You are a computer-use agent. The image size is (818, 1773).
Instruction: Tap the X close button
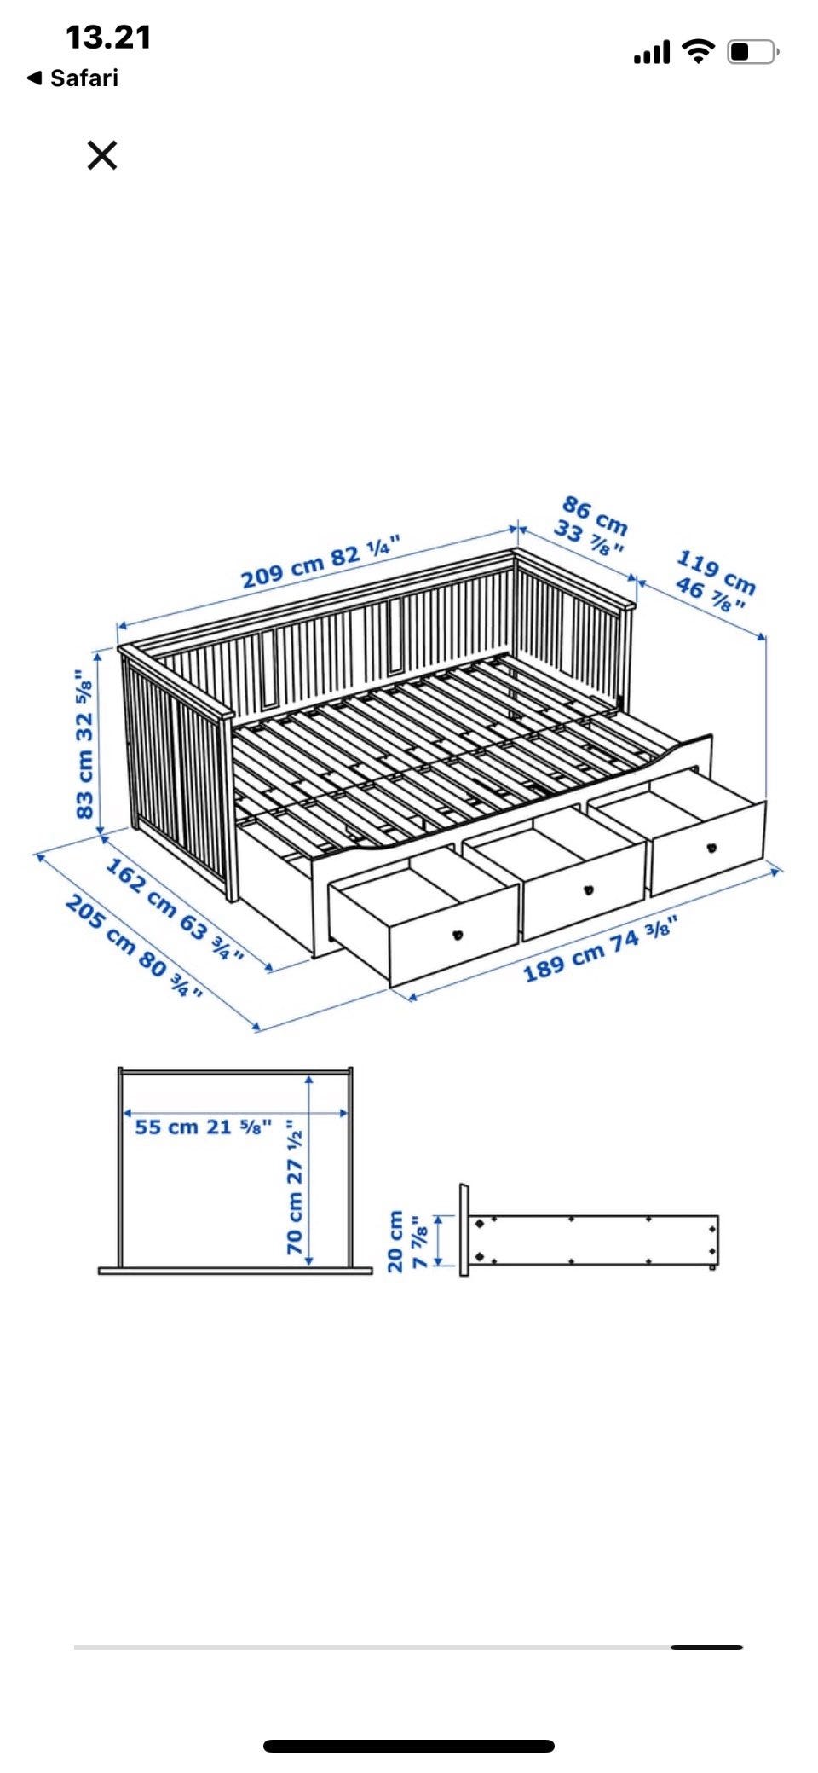[102, 155]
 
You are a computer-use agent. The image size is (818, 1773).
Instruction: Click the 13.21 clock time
[108, 38]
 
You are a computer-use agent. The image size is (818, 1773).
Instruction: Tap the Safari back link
[73, 78]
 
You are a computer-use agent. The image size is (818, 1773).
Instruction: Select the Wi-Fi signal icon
[700, 51]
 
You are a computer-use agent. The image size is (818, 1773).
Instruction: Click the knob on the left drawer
[458, 935]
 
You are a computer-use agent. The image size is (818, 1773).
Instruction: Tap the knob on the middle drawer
[588, 891]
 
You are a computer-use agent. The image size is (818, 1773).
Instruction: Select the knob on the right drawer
[711, 848]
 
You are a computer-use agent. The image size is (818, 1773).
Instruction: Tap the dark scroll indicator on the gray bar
[706, 1648]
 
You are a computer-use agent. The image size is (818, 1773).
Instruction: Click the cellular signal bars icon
[652, 53]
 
